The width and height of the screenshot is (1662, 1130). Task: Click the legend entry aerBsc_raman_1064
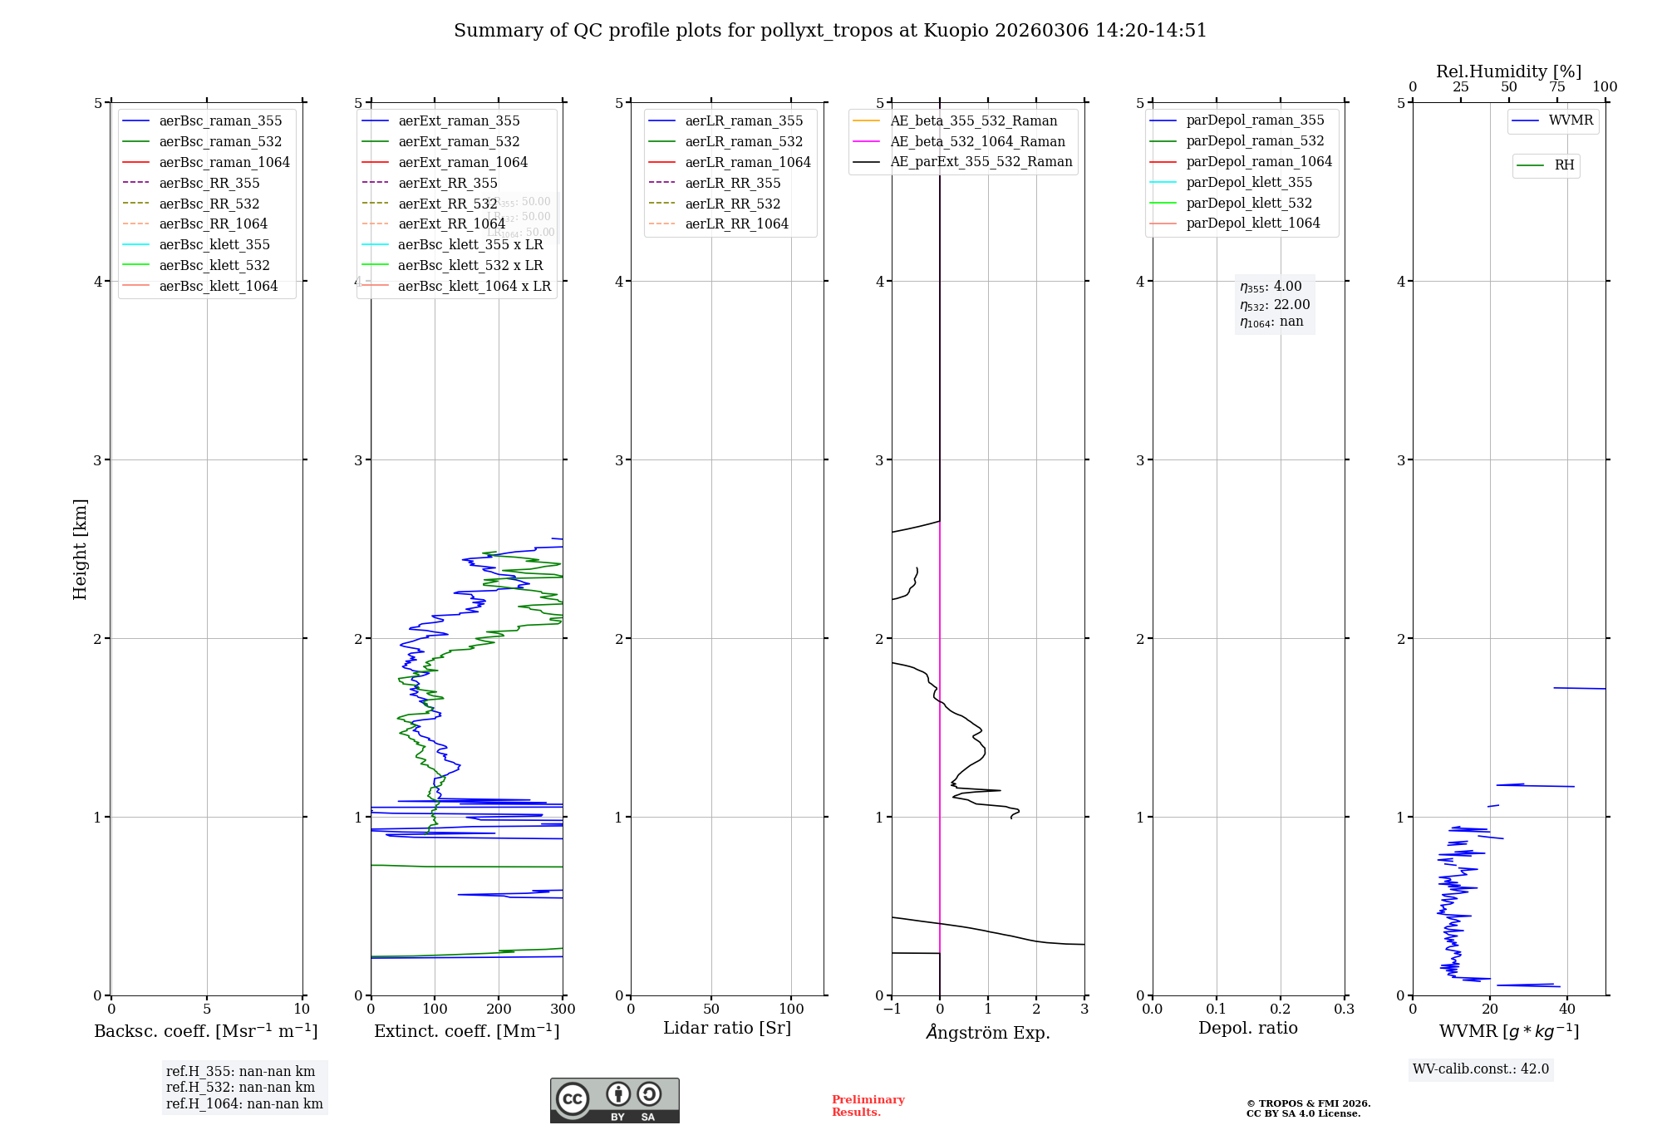point(224,162)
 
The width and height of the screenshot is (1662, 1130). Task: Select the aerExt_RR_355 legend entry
point(448,183)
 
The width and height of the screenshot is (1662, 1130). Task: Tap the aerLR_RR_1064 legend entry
point(736,224)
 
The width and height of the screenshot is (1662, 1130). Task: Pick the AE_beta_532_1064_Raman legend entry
point(977,141)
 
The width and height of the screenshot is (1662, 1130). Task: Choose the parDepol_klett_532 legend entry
point(1249,203)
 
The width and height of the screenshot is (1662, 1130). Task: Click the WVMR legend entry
point(1571,120)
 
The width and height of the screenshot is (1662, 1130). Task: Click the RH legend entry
point(1564,165)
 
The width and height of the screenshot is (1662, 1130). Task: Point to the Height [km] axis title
point(80,549)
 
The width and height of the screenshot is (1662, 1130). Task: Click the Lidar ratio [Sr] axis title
point(727,1028)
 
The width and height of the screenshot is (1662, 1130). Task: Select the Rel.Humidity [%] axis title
point(1508,71)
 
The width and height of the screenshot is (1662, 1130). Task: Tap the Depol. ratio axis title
point(1247,1028)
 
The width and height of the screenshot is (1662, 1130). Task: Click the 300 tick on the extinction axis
point(563,1010)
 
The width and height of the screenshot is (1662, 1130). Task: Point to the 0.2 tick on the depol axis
point(1281,1010)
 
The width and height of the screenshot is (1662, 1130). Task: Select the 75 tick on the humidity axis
point(1556,87)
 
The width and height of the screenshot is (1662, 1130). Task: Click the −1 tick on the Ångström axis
point(892,1010)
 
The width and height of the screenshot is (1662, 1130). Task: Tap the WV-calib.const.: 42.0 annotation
point(1481,1069)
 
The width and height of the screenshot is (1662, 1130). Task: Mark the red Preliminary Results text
point(868,1106)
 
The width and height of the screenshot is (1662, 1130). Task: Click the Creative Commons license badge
point(614,1100)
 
